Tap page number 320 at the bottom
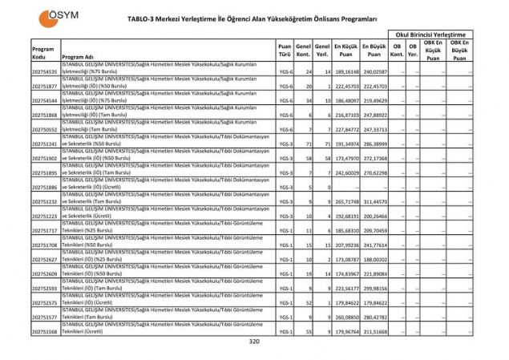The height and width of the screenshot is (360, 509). click(x=254, y=342)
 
